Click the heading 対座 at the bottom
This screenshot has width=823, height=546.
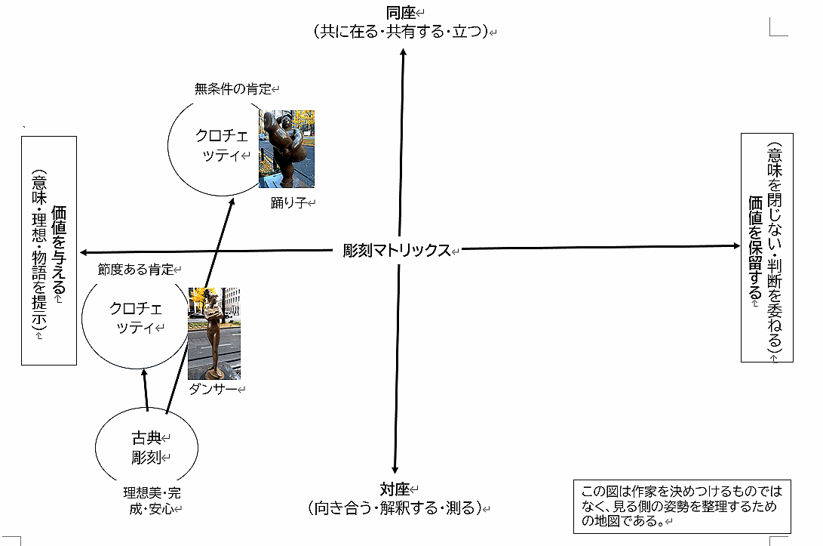395,489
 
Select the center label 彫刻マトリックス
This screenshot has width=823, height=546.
396,251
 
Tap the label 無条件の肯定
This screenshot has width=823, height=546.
232,88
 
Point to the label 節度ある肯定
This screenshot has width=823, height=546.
136,269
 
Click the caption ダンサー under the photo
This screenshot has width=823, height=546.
213,388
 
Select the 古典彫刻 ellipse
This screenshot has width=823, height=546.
147,447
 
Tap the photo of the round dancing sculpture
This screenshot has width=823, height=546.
287,148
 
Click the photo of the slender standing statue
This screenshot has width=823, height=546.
214,332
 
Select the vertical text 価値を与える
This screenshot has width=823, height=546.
59,249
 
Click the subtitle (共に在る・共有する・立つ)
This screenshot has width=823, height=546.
401,32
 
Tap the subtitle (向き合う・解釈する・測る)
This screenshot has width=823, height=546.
395,507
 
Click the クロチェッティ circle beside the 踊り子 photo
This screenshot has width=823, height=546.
214,146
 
